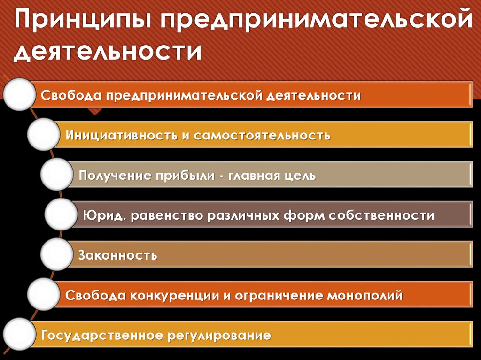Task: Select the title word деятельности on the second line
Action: [x=108, y=52]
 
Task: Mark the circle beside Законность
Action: [x=57, y=255]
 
